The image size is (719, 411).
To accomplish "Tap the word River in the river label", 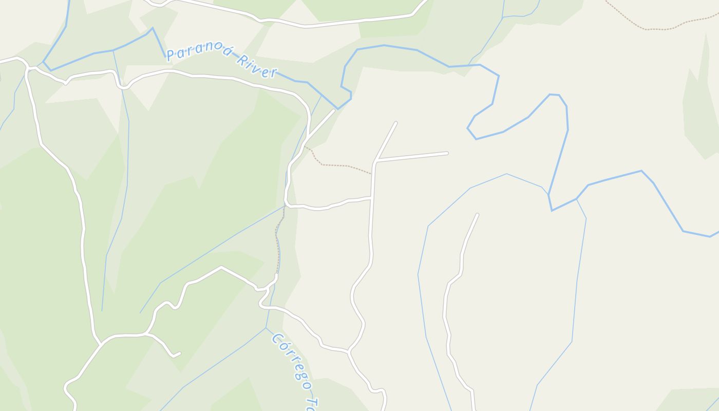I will (257, 66).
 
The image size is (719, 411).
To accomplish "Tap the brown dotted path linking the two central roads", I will (339, 165).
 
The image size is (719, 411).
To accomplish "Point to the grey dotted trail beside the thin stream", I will (279, 241).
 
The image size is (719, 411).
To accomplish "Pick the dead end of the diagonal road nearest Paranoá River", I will (333, 110).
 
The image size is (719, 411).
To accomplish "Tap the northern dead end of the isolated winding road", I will (477, 215).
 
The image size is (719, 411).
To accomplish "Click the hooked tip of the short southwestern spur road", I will (178, 353).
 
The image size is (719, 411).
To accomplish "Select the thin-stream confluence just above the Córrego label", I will (266, 327).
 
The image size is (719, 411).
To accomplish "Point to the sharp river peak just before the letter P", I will (152, 28).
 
